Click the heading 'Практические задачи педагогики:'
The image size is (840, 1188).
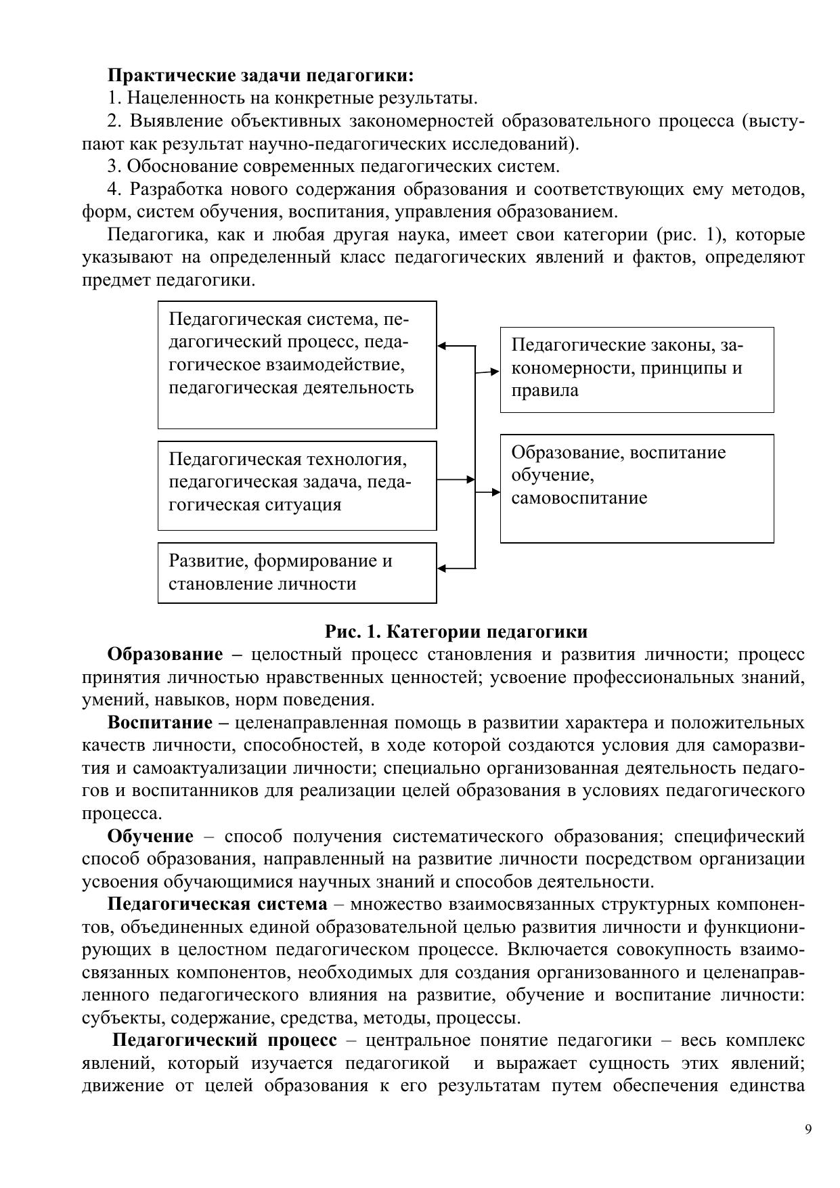pyautogui.click(x=261, y=74)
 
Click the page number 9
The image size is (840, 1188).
pyautogui.click(x=808, y=1128)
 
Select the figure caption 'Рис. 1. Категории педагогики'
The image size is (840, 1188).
pyautogui.click(x=456, y=632)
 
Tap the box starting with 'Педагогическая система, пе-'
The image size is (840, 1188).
pyautogui.click(x=296, y=365)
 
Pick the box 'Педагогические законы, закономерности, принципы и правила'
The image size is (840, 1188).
pyautogui.click(x=636, y=370)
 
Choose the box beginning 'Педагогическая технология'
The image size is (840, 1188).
pyautogui.click(x=296, y=485)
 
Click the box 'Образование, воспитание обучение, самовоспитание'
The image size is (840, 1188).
pyautogui.click(x=636, y=488)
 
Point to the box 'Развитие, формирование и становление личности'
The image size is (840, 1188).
pyautogui.click(x=296, y=573)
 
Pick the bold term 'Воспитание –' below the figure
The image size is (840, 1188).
pyautogui.click(x=169, y=723)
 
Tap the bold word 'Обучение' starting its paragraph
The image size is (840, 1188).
pyautogui.click(x=150, y=837)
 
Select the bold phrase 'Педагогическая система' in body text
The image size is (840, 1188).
pyautogui.click(x=217, y=905)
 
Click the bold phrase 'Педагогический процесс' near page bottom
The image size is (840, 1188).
pyautogui.click(x=225, y=1040)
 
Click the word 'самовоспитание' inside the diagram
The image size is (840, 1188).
pyautogui.click(x=579, y=498)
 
